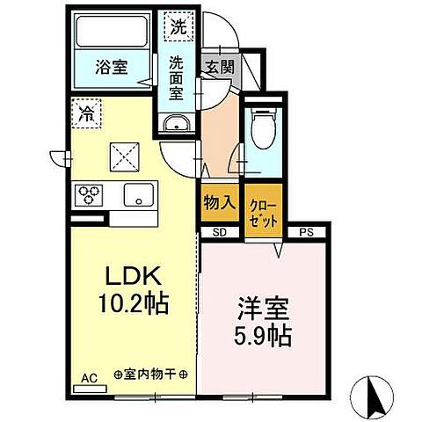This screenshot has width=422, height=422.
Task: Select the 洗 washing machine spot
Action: coord(178,27)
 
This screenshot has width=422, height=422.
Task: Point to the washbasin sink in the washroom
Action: coord(177,122)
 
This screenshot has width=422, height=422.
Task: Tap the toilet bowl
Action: coord(260,127)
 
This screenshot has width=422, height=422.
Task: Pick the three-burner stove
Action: coord(89,193)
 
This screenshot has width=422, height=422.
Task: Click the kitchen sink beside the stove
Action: coord(138,193)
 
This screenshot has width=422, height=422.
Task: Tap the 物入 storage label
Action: coord(220,201)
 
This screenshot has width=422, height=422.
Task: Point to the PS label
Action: coord(307,232)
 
